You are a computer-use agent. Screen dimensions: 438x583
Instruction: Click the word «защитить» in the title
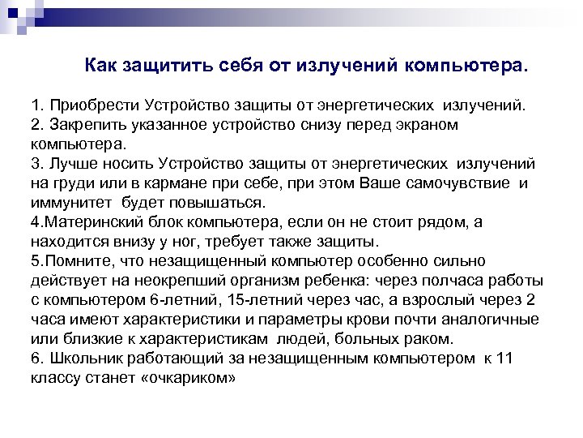172,64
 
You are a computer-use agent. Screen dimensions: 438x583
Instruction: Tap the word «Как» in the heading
102,64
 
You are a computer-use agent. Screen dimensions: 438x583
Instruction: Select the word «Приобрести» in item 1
96,105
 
